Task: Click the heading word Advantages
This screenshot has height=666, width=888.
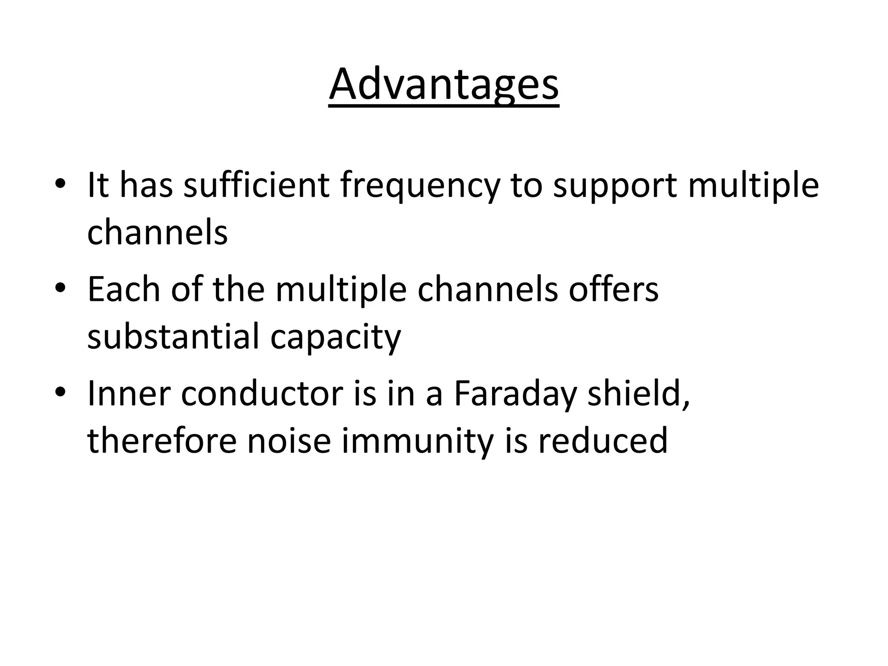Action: click(x=444, y=85)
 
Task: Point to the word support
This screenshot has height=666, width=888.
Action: click(x=615, y=185)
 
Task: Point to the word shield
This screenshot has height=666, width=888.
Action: click(x=637, y=393)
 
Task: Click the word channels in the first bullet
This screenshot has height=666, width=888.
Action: click(x=157, y=232)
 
